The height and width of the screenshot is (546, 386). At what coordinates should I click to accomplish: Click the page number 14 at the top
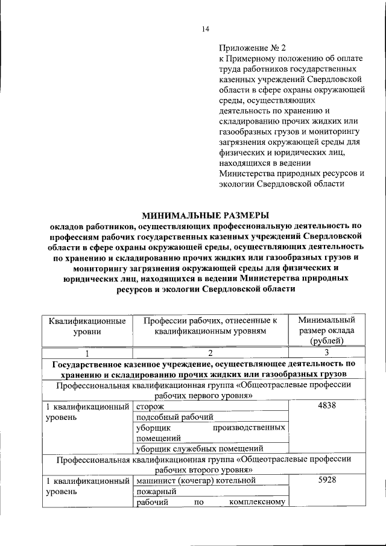click(x=205, y=29)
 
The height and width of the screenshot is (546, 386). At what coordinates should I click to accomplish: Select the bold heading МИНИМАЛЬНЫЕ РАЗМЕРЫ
click(x=205, y=215)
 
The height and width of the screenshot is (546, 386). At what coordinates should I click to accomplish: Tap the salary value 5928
click(x=326, y=480)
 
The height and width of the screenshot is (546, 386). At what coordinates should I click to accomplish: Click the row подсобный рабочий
click(x=174, y=417)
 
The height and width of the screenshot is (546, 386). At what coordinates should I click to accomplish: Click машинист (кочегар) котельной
click(x=193, y=480)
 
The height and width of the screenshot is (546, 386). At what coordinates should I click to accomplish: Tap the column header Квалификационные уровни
click(x=87, y=325)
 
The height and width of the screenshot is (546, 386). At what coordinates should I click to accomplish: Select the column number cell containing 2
click(x=210, y=354)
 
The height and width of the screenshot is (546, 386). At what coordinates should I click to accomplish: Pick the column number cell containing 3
click(x=326, y=354)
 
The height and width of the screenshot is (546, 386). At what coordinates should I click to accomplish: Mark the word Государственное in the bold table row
click(x=89, y=364)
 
